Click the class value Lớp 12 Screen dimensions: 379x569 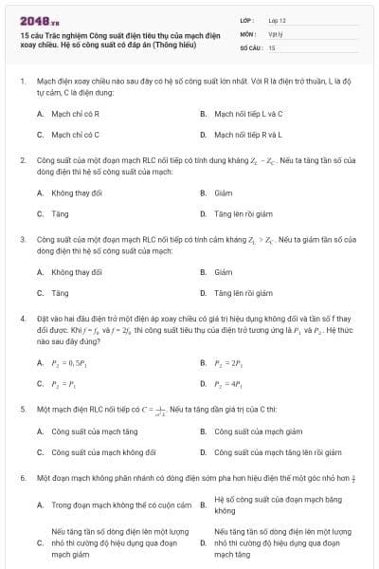pos(278,19)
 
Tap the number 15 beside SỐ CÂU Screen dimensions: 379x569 pos(272,46)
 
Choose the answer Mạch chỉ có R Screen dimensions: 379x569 pos(69,114)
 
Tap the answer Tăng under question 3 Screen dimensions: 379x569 pos(60,293)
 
